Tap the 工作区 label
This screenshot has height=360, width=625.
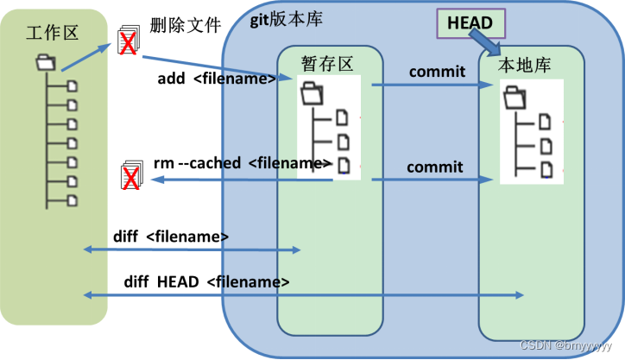pyautogui.click(x=53, y=33)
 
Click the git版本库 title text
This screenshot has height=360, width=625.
pyautogui.click(x=287, y=20)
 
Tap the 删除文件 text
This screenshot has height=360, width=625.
pyautogui.click(x=183, y=25)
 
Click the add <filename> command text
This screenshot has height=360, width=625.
pyautogui.click(x=217, y=79)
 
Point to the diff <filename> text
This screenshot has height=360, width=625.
pyautogui.click(x=170, y=236)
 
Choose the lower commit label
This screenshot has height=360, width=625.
pyautogui.click(x=435, y=167)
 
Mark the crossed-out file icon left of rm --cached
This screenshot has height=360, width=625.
pyautogui.click(x=131, y=176)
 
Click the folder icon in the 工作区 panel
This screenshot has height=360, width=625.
pyautogui.click(x=45, y=62)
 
